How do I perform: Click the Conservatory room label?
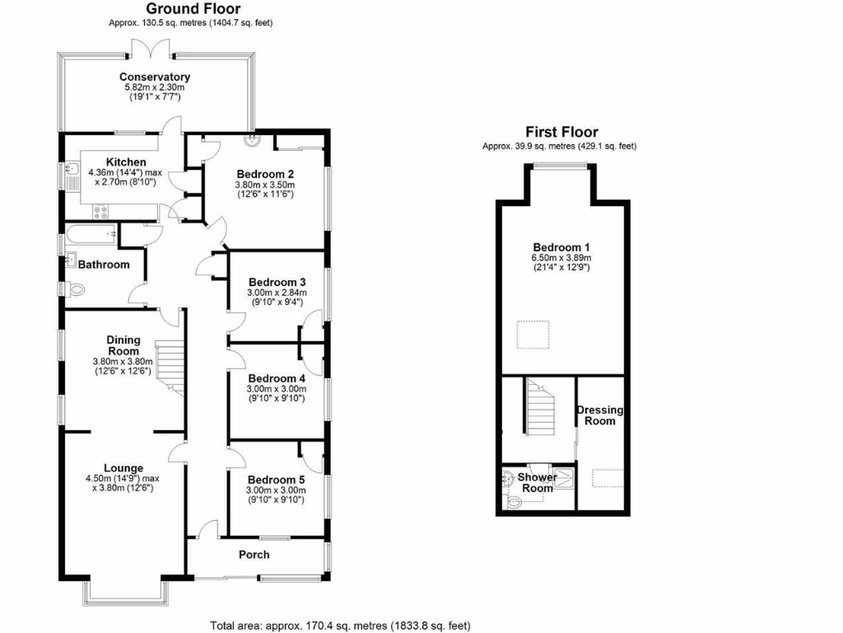[x=155, y=77]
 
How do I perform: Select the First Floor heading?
[x=561, y=132]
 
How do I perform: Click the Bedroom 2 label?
[x=265, y=174]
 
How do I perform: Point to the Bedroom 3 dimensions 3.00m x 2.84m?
[x=277, y=293]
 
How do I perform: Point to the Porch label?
[x=254, y=554]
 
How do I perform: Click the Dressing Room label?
[x=599, y=415]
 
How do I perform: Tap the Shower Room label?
[x=538, y=483]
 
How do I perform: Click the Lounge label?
[x=123, y=467]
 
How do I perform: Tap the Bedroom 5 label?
[x=276, y=480]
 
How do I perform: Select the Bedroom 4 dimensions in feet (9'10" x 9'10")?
[x=276, y=399]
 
